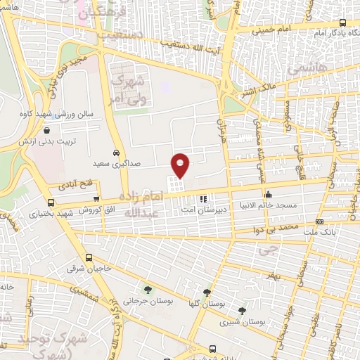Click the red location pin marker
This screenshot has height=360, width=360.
tap(181, 165)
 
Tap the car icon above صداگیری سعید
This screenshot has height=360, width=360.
tap(116, 152)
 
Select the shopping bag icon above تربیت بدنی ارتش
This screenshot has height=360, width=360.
tap(46, 129)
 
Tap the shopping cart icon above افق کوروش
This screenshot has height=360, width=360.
tap(96, 200)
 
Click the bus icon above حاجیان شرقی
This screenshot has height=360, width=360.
tap(89, 257)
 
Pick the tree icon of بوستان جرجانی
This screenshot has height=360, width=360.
tap(147, 289)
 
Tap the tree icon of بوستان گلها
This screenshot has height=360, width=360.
tap(207, 292)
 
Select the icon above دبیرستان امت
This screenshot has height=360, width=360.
tap(204, 199)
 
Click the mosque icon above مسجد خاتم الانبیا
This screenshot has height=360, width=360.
tap(267, 195)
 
